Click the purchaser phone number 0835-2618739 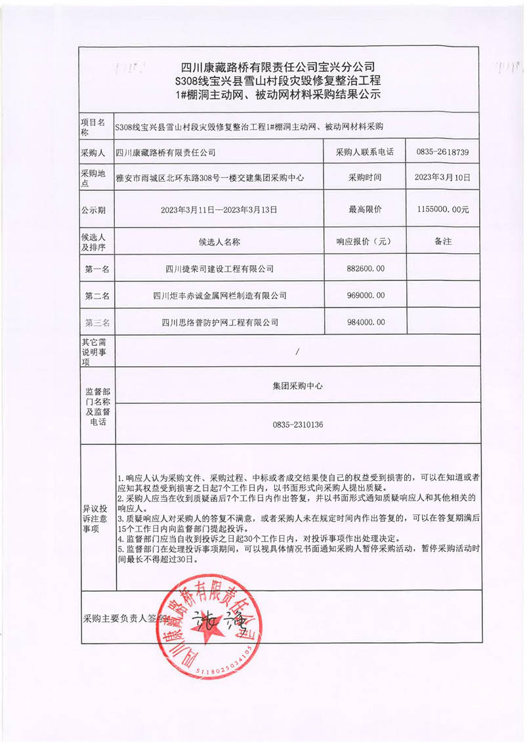tap(442, 152)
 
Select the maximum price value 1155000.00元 tap(442, 209)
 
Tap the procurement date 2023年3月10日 tap(442, 178)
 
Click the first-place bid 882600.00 tap(366, 268)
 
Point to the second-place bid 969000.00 tap(366, 296)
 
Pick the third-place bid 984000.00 tap(366, 322)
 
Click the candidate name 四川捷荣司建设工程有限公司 tap(220, 269)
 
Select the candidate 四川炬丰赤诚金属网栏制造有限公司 tap(220, 296)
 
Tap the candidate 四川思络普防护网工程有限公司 tap(220, 322)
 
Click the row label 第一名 tap(97, 269)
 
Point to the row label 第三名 tap(97, 323)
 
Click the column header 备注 tap(443, 241)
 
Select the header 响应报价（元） tap(365, 242)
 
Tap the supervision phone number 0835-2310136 tap(298, 425)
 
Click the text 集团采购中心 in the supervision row tap(298, 386)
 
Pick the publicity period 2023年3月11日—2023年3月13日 tap(220, 210)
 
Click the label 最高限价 tap(365, 209)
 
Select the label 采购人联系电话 tap(365, 152)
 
